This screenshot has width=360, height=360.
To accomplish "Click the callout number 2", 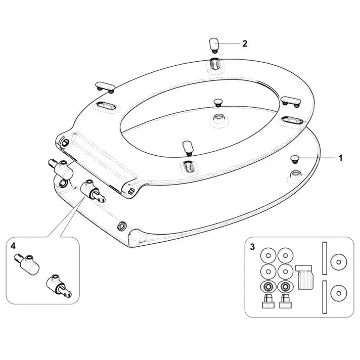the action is coord(245,43).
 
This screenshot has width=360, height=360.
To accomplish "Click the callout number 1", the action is coord(340,158).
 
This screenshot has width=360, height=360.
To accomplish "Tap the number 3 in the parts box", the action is coord(252,247).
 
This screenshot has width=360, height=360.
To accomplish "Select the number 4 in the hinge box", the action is coord(13,246).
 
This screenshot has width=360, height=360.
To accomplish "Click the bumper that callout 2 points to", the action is coord(214,45).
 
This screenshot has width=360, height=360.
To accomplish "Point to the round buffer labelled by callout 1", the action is coord(295,159).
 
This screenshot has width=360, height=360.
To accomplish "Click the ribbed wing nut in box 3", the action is coord(305,277).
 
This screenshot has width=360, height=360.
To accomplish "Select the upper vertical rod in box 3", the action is coord(325,258).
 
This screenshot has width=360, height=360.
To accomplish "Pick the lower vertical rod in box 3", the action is coord(325,297).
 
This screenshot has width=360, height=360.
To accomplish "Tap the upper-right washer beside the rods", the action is coord(338,262).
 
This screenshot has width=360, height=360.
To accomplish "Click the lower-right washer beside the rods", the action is coord(338,293).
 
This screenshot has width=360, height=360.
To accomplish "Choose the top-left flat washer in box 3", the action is coord(268,255).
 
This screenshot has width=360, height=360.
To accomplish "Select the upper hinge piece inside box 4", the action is coord(27,264).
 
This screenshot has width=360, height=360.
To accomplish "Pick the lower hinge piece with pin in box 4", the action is coord(59,286).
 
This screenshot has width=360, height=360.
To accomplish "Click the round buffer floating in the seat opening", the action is coord(218,103).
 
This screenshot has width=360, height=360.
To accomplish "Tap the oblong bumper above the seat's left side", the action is coord(105,87).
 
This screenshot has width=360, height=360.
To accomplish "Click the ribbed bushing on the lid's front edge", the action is coord(122,226).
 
